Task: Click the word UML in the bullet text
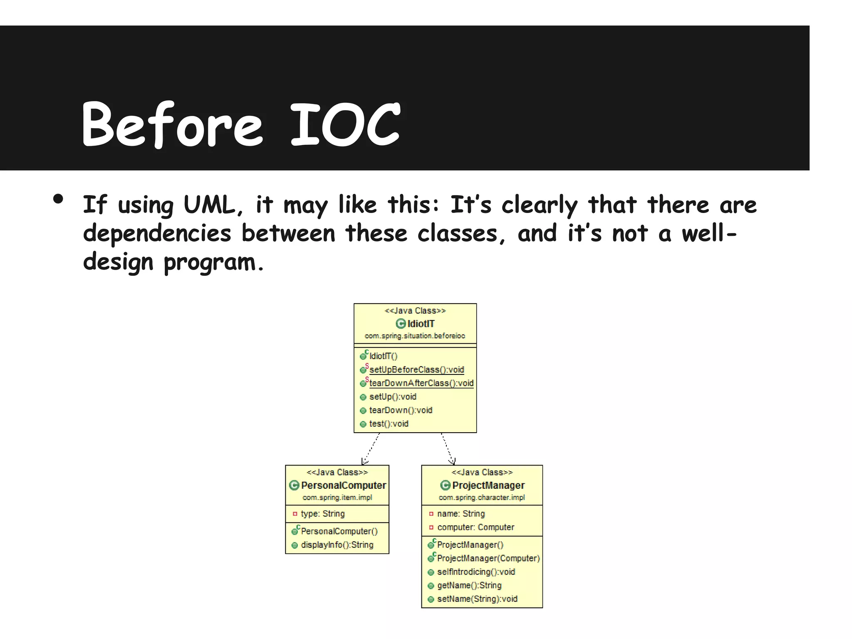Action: [x=209, y=205]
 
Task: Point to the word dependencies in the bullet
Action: [x=157, y=233]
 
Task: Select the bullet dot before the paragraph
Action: [x=58, y=199]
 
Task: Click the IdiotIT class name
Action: [x=421, y=324]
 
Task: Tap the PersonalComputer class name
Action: [x=343, y=485]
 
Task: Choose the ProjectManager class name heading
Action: [x=488, y=485]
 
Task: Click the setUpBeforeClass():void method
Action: [x=416, y=369]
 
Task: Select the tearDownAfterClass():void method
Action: [x=421, y=383]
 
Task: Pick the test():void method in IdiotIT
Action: [x=389, y=424]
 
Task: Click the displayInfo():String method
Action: [x=337, y=545]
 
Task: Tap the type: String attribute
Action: [x=322, y=514]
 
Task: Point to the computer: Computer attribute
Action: [x=476, y=528]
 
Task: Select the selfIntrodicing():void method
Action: [x=476, y=572]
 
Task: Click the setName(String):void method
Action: [x=477, y=599]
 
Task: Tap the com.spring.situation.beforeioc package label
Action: [x=415, y=336]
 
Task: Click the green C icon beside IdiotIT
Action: [x=401, y=324]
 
